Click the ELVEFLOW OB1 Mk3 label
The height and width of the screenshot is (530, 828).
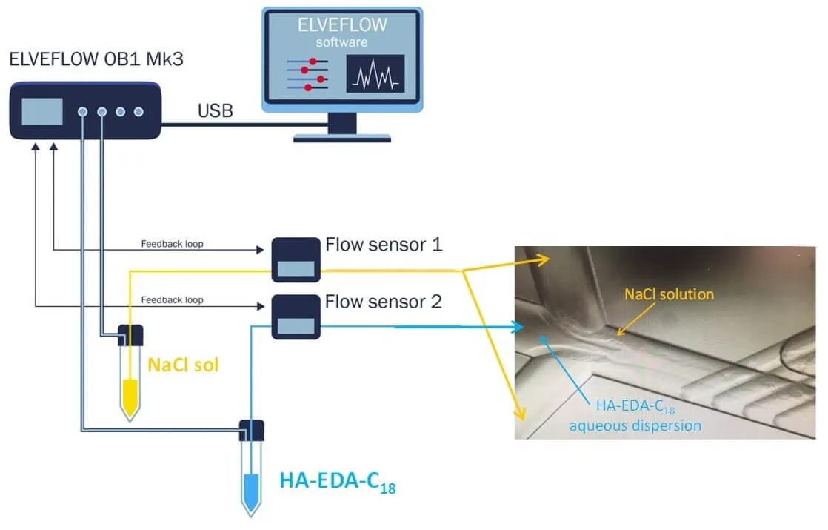pyautogui.click(x=96, y=59)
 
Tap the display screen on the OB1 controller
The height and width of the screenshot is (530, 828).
pyautogui.click(x=41, y=111)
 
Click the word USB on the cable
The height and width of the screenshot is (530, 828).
pyautogui.click(x=215, y=112)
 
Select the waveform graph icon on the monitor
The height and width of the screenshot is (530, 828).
pyautogui.click(x=375, y=73)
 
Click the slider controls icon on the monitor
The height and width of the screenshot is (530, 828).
pyautogui.click(x=306, y=74)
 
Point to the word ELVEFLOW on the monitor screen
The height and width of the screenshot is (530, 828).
pyautogui.click(x=341, y=24)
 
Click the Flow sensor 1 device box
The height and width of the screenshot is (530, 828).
pyautogui.click(x=296, y=260)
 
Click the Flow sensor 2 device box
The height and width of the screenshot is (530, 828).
pyautogui.click(x=296, y=317)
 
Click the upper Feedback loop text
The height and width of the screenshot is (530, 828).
pyautogui.click(x=172, y=243)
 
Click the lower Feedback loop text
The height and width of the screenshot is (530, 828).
pyautogui.click(x=172, y=299)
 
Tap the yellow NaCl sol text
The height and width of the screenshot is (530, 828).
pyautogui.click(x=183, y=365)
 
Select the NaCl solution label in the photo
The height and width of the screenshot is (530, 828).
pyautogui.click(x=669, y=294)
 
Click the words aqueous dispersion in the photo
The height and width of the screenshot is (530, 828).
pyautogui.click(x=635, y=425)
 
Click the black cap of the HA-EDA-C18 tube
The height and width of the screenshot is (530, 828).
pyautogui.click(x=252, y=428)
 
